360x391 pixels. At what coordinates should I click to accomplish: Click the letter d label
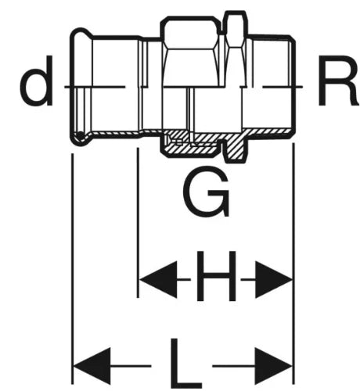(x=37, y=81)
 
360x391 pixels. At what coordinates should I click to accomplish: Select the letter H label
(x=216, y=276)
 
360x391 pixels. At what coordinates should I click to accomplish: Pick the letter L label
(x=185, y=363)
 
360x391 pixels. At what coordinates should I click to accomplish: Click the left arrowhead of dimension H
(x=158, y=280)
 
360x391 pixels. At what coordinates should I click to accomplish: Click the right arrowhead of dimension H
(x=273, y=280)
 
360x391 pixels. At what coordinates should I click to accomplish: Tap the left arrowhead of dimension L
(x=92, y=366)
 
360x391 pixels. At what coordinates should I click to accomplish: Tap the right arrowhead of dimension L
(x=273, y=366)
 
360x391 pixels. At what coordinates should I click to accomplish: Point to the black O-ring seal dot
(x=80, y=135)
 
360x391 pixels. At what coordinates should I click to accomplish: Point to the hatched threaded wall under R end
(x=268, y=131)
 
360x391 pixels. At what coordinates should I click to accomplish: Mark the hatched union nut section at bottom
(x=190, y=149)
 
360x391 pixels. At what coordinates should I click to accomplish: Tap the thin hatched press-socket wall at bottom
(x=115, y=133)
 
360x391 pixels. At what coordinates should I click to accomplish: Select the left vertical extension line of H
(x=138, y=223)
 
